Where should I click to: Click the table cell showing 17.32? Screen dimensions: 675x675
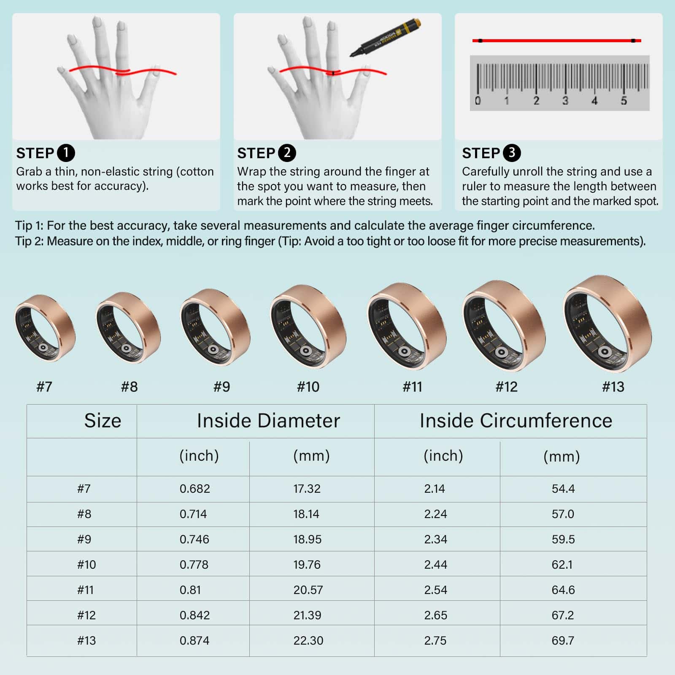pyautogui.click(x=307, y=489)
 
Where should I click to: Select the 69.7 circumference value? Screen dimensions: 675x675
pyautogui.click(x=563, y=640)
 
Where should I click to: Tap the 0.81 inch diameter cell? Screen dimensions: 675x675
pyautogui.click(x=190, y=590)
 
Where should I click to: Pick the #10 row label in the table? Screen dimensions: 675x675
pyautogui.click(x=86, y=564)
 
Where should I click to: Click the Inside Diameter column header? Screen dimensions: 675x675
pyautogui.click(x=268, y=421)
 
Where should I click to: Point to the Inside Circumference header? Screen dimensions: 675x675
pyautogui.click(x=516, y=421)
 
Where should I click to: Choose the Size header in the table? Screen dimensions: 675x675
pyautogui.click(x=103, y=421)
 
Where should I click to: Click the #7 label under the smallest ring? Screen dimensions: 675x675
pyautogui.click(x=44, y=386)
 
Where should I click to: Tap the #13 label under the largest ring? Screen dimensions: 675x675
pyautogui.click(x=613, y=386)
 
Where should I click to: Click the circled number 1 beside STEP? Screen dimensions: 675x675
pyautogui.click(x=66, y=153)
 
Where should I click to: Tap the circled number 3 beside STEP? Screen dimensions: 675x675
pyautogui.click(x=512, y=153)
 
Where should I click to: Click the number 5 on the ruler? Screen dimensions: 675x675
pyautogui.click(x=624, y=100)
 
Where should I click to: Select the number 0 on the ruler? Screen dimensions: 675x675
pyautogui.click(x=478, y=100)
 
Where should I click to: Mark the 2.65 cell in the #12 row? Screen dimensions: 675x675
pyautogui.click(x=435, y=615)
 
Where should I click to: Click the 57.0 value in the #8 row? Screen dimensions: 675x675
pyautogui.click(x=563, y=514)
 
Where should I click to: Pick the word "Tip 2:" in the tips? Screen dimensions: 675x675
pyautogui.click(x=29, y=241)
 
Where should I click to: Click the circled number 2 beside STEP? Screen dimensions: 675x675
pyautogui.click(x=287, y=153)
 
